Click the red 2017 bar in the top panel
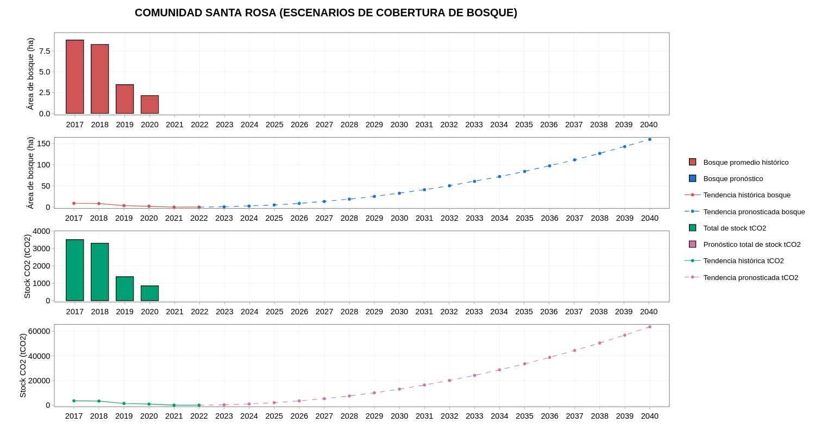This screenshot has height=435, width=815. [75, 77]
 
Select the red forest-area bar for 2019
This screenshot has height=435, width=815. [124, 99]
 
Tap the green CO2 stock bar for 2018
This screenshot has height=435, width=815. [100, 272]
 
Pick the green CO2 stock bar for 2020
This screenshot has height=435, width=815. [149, 293]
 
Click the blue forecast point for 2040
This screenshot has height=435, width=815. [650, 139]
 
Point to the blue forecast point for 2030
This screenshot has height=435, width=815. [399, 193]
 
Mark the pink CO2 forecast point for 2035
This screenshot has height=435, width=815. [525, 364]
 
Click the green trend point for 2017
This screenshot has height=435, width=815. [74, 401]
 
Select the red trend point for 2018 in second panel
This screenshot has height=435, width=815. [99, 204]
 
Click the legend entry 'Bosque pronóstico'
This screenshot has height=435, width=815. [733, 178]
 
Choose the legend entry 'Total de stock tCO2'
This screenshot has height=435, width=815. [735, 228]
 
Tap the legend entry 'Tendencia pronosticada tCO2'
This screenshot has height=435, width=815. [750, 277]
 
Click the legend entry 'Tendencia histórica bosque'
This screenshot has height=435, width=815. [747, 195]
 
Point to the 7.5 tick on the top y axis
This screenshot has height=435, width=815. [45, 51]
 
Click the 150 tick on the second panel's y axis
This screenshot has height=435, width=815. [43, 144]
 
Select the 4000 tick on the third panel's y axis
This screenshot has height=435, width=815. [41, 231]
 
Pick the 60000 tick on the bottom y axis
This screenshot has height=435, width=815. [39, 331]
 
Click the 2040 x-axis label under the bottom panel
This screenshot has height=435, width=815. [650, 416]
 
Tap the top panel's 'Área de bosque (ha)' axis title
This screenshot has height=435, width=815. [30, 74]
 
